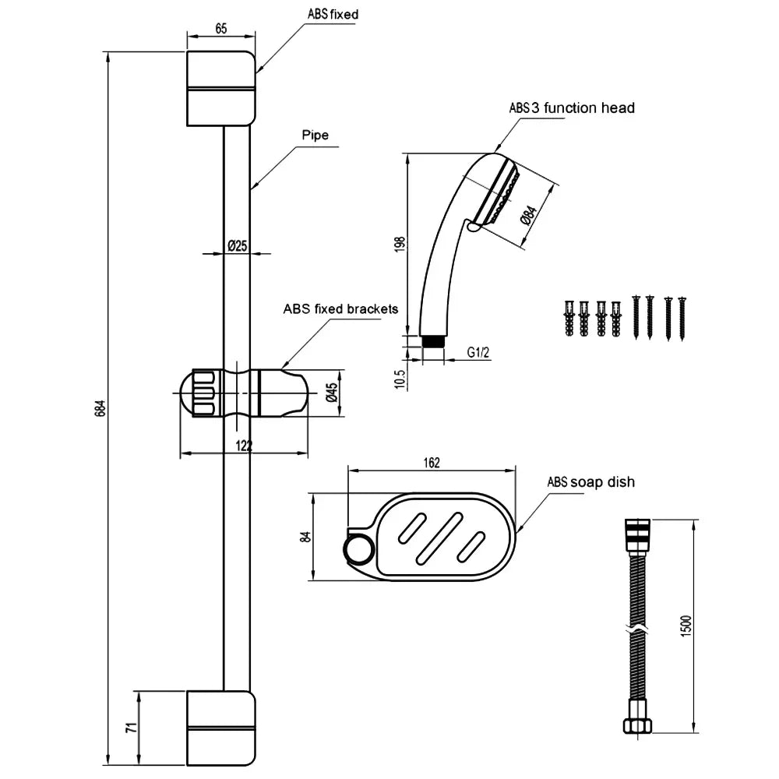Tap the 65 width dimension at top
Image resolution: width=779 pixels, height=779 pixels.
pos(220,29)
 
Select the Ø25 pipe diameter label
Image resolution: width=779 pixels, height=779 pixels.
pos(237,246)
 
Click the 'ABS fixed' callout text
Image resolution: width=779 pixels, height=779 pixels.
pos(333,14)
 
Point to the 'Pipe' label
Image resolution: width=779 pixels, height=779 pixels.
pos(315,135)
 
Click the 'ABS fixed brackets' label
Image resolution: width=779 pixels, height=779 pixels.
pos(340,309)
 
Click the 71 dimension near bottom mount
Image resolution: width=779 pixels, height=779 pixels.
pos(132,728)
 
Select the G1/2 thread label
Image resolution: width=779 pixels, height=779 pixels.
pos(478,353)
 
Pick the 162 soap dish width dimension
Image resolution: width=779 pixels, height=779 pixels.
pos(432,463)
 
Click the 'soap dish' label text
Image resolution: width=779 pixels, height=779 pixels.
pos(603,482)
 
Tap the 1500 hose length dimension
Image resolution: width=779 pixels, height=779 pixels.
pos(686,625)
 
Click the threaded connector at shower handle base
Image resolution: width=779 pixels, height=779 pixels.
pos(432,340)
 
